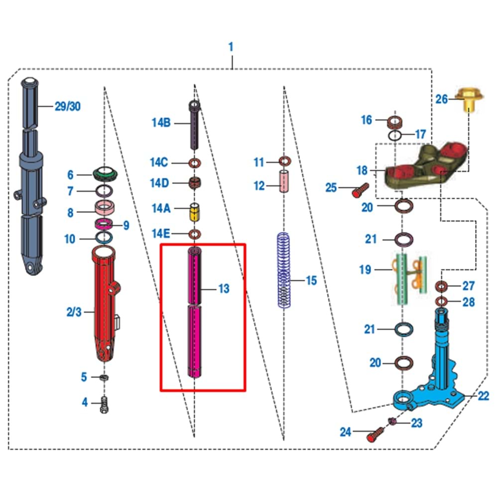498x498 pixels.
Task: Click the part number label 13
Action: click(x=224, y=288)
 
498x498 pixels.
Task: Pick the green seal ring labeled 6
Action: click(x=105, y=174)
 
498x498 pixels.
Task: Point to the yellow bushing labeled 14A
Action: click(x=195, y=213)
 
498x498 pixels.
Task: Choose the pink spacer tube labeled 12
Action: click(x=284, y=182)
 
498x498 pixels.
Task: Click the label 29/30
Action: click(x=67, y=106)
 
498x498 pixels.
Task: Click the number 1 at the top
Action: click(x=231, y=47)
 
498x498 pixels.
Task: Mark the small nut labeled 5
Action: click(x=104, y=377)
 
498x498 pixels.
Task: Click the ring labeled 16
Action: click(x=395, y=121)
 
